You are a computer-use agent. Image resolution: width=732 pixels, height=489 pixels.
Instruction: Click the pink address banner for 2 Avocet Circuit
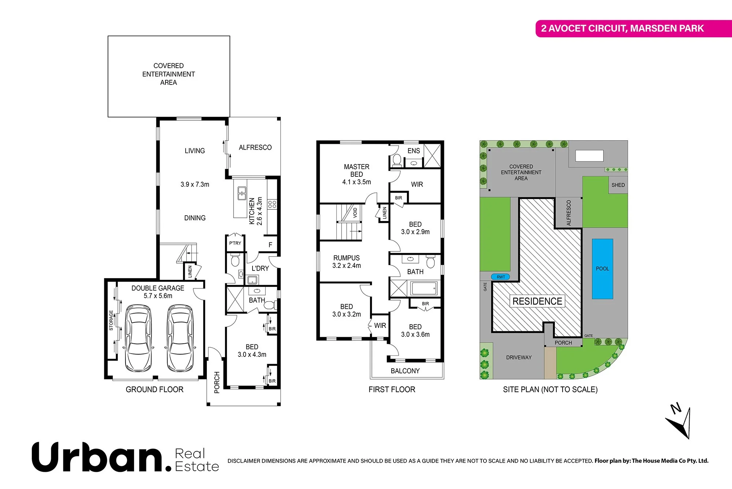[x=633, y=29]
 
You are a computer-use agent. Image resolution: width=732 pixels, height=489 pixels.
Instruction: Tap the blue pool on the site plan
[x=602, y=269]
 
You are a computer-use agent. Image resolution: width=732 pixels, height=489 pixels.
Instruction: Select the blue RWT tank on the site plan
[x=500, y=277]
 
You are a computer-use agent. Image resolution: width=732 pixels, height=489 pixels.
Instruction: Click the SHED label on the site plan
[x=618, y=185]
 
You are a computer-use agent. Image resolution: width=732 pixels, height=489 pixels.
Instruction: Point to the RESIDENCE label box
[x=537, y=301]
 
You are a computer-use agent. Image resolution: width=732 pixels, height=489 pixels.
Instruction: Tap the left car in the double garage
[x=138, y=339]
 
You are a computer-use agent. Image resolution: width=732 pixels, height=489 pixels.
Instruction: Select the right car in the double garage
[x=180, y=339]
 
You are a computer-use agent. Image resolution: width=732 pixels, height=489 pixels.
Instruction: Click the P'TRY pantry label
[x=235, y=243]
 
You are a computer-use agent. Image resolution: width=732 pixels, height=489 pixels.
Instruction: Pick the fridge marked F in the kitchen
[x=270, y=245]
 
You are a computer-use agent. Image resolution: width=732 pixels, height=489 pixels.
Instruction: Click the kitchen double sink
[x=242, y=193]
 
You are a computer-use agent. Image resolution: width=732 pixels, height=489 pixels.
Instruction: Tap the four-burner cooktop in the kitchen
[x=272, y=204]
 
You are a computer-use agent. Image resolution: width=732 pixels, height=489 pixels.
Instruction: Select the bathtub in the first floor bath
[x=423, y=288]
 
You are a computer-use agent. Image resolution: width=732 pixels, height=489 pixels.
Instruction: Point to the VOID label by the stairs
[x=355, y=213]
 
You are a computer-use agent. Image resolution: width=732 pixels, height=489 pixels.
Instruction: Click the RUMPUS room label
[x=346, y=258]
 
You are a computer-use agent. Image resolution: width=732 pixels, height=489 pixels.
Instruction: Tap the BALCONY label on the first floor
[x=405, y=371]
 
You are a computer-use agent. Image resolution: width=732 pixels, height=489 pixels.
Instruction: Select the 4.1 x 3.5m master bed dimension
[x=356, y=182]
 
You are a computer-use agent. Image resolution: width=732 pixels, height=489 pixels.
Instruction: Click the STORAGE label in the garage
[x=111, y=320]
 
